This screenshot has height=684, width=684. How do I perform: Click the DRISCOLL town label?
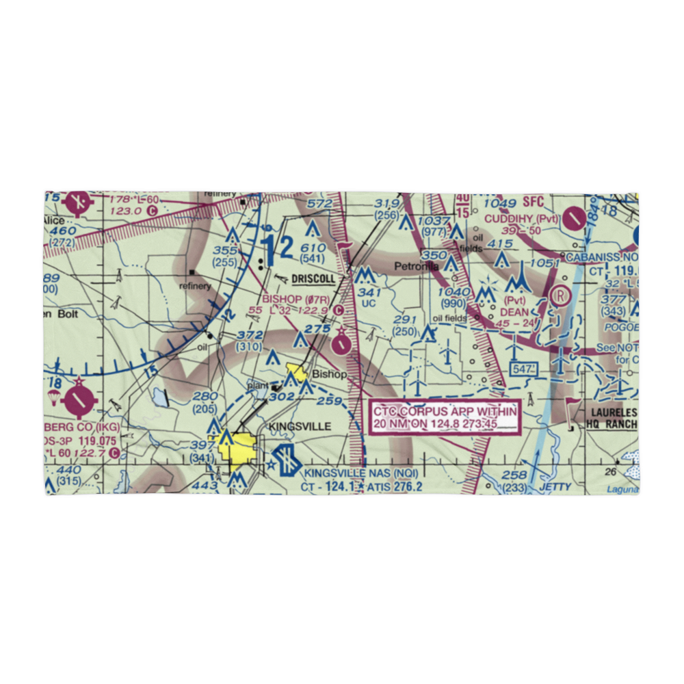pos(313,279)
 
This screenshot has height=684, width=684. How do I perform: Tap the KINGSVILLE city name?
pos(300,426)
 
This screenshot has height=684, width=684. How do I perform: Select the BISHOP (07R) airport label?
pos(295,299)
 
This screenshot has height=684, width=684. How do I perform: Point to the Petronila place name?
pos(417,266)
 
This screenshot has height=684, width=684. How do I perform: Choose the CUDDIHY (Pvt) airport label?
pos(521,218)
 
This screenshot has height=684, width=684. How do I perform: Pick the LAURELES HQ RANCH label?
pos(611,419)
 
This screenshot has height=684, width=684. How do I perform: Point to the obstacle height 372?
pos(250,335)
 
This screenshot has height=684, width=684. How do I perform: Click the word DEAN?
pos(514,312)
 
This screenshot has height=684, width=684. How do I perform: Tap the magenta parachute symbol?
pos(53,398)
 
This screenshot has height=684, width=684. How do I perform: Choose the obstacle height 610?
pos(313,248)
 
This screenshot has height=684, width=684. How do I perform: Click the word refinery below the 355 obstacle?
pos(195,286)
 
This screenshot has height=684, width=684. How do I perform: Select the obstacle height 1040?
pos(456,291)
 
